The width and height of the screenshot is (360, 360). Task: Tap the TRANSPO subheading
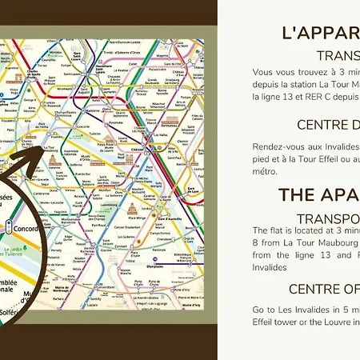tap(327, 219)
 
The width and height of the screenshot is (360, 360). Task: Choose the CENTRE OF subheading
tap(323, 290)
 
